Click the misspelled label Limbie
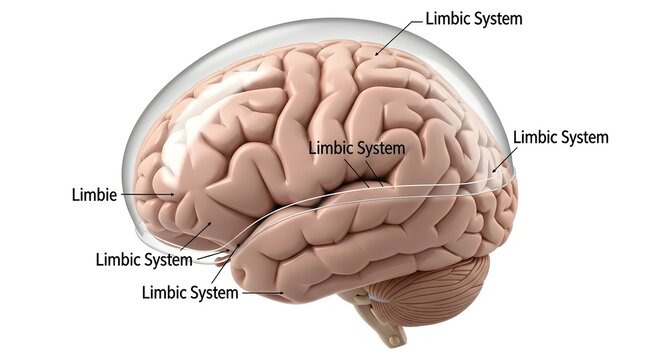pos(95,191)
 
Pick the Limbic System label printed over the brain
pos(357,147)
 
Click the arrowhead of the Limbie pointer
pos(171,193)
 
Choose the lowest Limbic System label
pos(190,292)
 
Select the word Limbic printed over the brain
pos(330,147)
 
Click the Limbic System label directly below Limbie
pos(143,259)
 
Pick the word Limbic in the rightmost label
pos(532,137)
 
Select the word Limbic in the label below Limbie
pos(117,259)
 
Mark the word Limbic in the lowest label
pos(164,292)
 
